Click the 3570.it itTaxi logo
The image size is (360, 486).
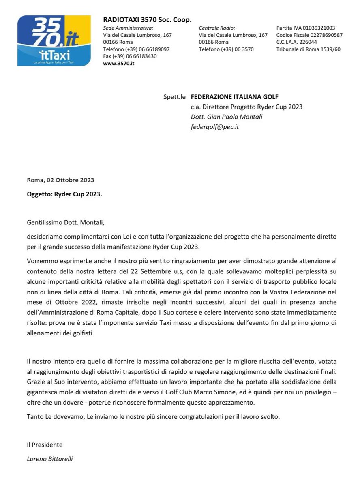coord(54,40)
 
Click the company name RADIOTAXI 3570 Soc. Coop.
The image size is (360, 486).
coord(147,20)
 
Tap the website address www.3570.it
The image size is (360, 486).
coord(119,64)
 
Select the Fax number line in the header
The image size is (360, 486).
coord(130,56)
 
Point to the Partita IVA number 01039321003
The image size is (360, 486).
coord(306,28)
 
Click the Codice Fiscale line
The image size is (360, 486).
coord(309,35)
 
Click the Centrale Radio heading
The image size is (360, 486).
coord(217,28)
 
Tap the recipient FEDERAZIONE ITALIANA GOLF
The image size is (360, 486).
coord(234,97)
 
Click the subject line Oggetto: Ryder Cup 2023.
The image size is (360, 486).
coord(64,194)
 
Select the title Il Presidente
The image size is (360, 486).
coord(45,445)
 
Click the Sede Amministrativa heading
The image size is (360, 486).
coord(128,28)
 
